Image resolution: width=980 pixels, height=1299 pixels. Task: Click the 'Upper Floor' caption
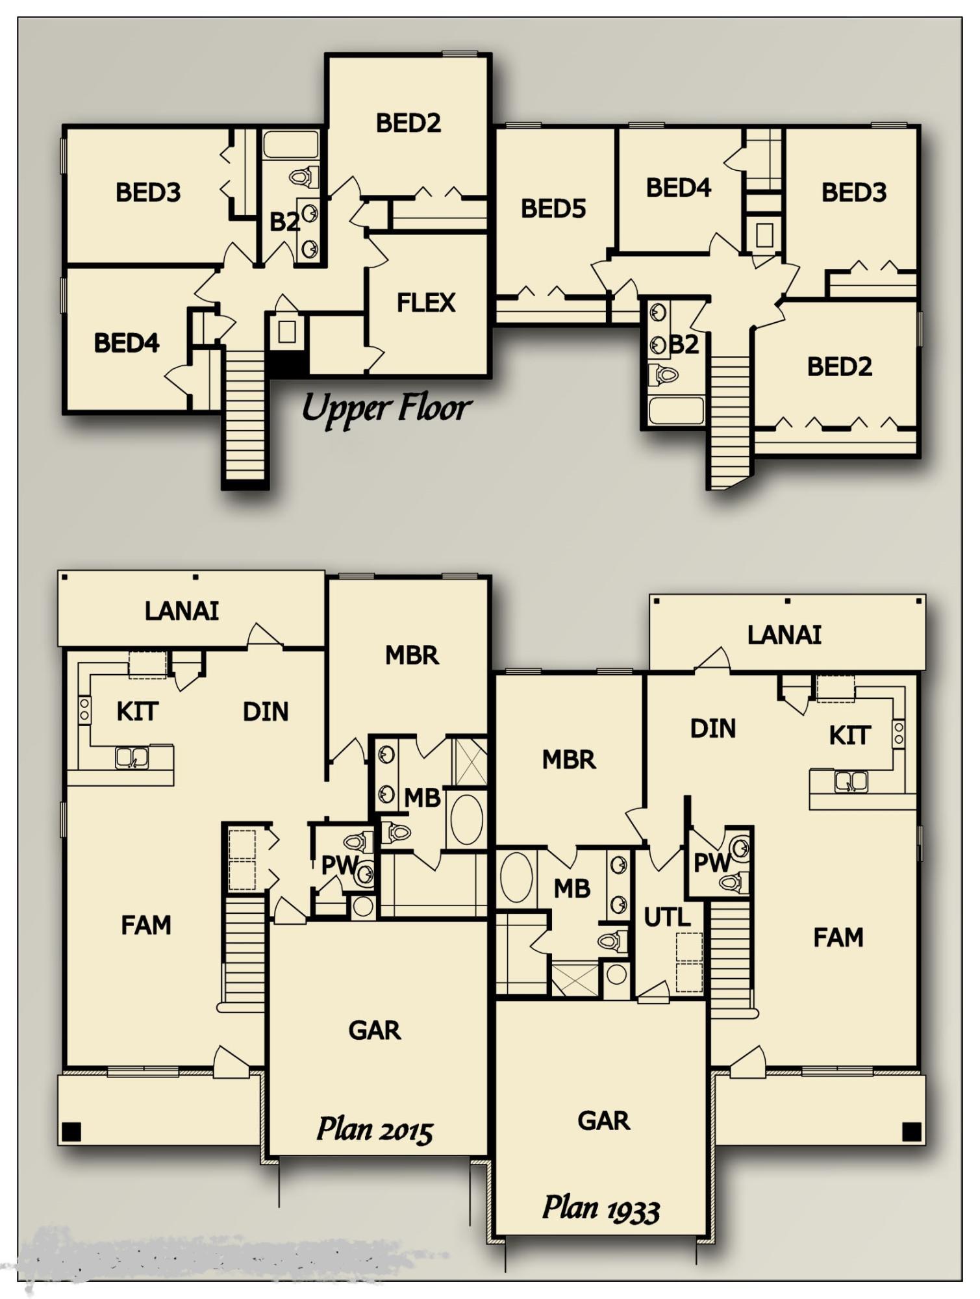click(x=386, y=409)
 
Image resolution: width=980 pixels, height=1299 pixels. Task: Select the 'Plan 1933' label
click(x=601, y=1209)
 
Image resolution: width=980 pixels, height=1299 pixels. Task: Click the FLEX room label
click(x=426, y=303)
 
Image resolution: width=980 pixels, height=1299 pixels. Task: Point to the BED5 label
click(x=553, y=208)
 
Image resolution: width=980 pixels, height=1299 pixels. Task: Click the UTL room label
click(x=667, y=917)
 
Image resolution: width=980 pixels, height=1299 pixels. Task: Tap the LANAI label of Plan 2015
click(x=182, y=611)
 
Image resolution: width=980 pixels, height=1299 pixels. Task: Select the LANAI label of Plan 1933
click(x=785, y=635)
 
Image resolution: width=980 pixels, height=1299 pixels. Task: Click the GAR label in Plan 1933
click(x=603, y=1121)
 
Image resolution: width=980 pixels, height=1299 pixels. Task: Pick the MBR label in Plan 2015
click(x=412, y=655)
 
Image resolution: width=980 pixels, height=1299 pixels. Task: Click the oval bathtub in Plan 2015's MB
click(x=466, y=820)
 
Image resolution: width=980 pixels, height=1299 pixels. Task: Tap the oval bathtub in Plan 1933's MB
click(x=517, y=877)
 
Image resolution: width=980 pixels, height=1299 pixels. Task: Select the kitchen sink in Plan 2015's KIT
click(x=132, y=757)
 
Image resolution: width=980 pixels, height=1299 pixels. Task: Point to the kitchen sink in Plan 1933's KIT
click(x=851, y=781)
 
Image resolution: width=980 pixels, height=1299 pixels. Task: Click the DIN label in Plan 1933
click(x=713, y=729)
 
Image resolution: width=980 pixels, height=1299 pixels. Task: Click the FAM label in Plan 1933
click(x=838, y=937)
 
